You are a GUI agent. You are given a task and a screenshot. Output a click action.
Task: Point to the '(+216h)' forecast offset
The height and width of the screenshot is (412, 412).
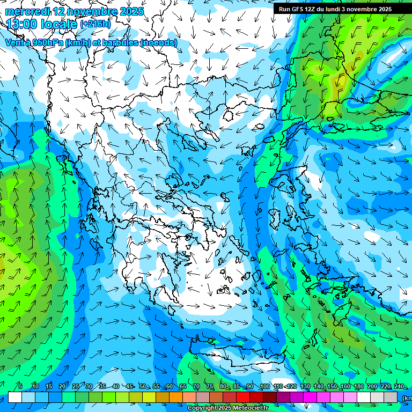point(95,24)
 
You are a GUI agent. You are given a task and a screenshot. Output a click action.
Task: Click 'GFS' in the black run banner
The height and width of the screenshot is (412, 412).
point(298,9)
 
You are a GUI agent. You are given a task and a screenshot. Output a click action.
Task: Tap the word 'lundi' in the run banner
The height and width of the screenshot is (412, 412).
point(337,9)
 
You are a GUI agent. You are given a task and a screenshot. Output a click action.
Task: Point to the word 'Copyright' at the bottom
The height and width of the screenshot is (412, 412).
point(202,408)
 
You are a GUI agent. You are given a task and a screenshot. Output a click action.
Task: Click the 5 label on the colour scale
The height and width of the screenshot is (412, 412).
point(20,387)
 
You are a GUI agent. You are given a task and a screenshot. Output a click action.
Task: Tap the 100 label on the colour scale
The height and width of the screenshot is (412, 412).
point(264,387)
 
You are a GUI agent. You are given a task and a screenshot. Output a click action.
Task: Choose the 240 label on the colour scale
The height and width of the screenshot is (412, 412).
point(399,387)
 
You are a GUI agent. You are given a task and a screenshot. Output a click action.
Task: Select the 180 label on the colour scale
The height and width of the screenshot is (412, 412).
point(358,387)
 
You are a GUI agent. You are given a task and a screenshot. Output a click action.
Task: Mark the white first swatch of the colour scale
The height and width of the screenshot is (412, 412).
point(15,397)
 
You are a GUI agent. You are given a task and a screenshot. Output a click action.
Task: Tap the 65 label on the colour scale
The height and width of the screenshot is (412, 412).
point(183,387)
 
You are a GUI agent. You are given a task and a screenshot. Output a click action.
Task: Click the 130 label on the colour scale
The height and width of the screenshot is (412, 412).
point(305,387)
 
